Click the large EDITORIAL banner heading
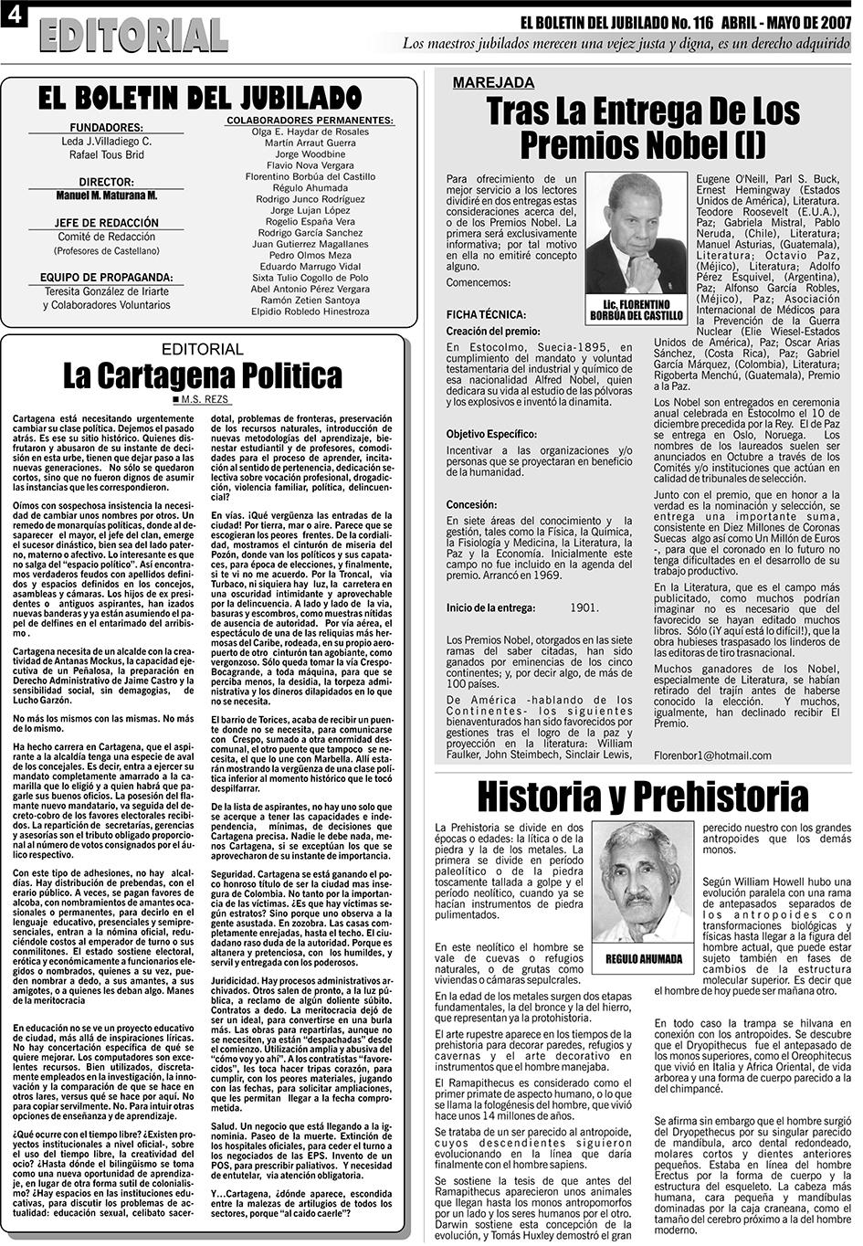(133, 36)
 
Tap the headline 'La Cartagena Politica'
(203, 375)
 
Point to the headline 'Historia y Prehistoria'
(642, 795)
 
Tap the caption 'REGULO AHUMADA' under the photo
(644, 959)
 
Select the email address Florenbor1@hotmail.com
(712, 755)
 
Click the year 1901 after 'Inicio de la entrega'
(584, 607)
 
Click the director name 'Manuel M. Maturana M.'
(106, 195)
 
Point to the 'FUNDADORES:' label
(106, 127)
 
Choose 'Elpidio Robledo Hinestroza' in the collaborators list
(310, 311)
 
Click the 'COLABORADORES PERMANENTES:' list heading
(310, 120)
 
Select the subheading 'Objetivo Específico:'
(491, 434)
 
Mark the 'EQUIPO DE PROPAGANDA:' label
(106, 278)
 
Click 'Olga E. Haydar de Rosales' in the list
(310, 132)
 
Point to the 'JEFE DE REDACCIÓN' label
(106, 223)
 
